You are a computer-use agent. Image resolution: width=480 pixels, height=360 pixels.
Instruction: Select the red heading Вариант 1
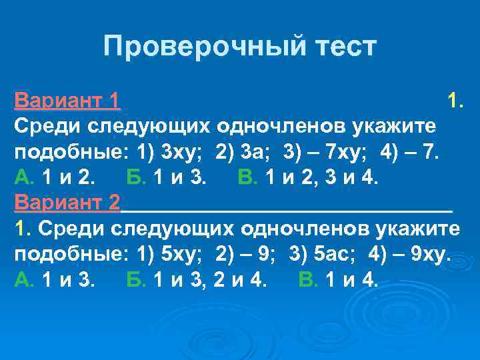67,101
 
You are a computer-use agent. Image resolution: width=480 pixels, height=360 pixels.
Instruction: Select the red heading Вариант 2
67,203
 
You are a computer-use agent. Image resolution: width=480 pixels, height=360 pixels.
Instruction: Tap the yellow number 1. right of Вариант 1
456,101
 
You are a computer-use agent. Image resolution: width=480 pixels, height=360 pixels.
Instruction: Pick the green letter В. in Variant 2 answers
309,280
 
